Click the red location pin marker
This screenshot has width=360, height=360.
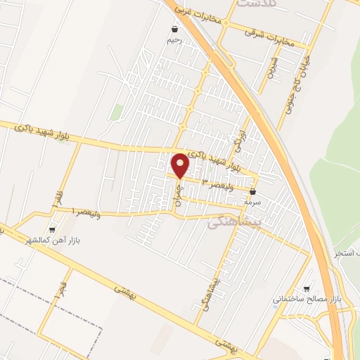(181, 165)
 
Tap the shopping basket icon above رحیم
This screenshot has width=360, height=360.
(174, 30)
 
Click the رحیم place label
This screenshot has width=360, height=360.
(174, 40)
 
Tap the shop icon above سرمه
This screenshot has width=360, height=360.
(252, 190)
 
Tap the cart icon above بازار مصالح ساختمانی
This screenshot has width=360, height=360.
(306, 289)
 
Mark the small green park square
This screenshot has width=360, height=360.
(117, 111)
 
